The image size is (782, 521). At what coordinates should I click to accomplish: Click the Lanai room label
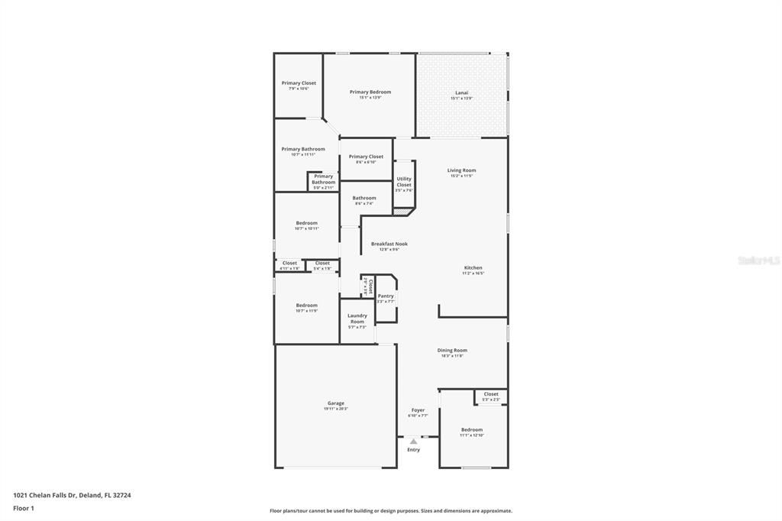pyautogui.click(x=461, y=92)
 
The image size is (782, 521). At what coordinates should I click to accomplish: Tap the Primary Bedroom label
pyautogui.click(x=370, y=92)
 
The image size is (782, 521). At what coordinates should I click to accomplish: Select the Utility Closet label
pyautogui.click(x=404, y=182)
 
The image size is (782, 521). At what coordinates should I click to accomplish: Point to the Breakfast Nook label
pyautogui.click(x=389, y=244)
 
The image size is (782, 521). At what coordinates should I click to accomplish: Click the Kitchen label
pyautogui.click(x=473, y=267)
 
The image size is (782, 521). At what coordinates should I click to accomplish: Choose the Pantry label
pyautogui.click(x=386, y=296)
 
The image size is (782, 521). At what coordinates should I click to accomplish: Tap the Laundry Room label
pyautogui.click(x=357, y=318)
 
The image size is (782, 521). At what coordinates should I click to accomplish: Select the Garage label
pyautogui.click(x=336, y=403)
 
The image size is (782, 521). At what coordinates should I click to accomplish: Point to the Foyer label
pyautogui.click(x=418, y=409)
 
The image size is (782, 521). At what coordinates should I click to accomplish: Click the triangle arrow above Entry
pyautogui.click(x=413, y=441)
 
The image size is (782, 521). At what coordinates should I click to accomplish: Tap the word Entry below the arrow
pyautogui.click(x=413, y=450)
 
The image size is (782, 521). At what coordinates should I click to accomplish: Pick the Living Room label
pyautogui.click(x=461, y=170)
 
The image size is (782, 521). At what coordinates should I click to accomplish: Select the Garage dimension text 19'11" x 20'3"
pyautogui.click(x=336, y=409)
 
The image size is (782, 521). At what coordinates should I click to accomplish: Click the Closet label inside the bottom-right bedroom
pyautogui.click(x=491, y=394)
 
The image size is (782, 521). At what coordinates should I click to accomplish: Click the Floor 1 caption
pyautogui.click(x=24, y=508)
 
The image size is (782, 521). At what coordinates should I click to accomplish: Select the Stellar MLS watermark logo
pyautogui.click(x=758, y=260)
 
